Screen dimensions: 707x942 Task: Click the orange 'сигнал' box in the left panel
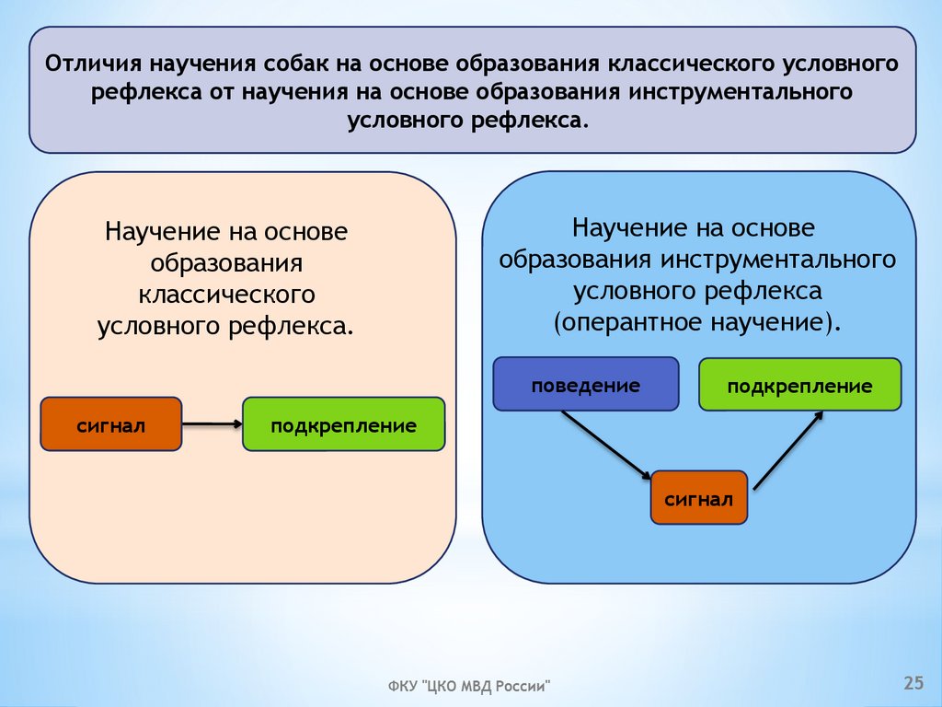coord(111,424)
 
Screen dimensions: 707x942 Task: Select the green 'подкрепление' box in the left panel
coord(343,424)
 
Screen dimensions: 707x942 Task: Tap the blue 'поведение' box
coord(585,384)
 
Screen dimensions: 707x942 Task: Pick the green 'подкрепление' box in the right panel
coord(799,385)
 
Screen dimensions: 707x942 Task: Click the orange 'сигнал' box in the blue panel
coord(698,498)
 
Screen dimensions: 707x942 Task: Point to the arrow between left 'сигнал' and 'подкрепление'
coord(212,424)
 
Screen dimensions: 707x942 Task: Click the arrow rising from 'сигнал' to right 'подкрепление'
coord(789,449)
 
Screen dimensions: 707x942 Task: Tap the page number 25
coord(913,682)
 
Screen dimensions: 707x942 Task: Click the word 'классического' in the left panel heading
coord(228,295)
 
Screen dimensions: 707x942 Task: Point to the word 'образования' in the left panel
coord(227,263)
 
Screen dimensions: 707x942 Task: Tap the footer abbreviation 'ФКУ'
coord(401,687)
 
